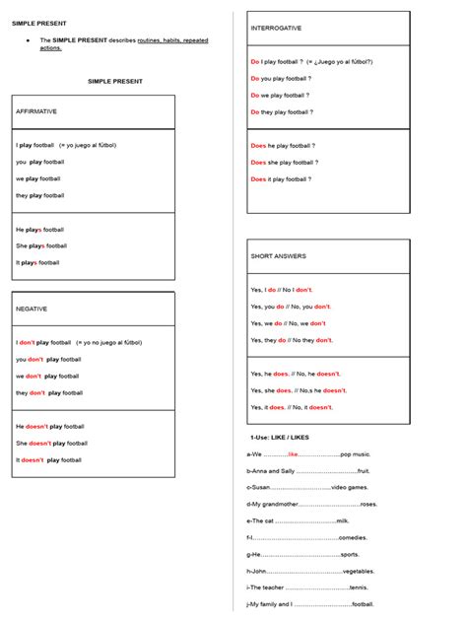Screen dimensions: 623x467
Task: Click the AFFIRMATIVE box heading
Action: [x=36, y=111]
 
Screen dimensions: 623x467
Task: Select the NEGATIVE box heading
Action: [x=32, y=309]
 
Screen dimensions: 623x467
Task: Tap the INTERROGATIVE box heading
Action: [x=276, y=29]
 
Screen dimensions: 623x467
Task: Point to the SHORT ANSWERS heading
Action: [x=278, y=256]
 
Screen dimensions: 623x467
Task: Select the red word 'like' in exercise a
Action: [x=293, y=454]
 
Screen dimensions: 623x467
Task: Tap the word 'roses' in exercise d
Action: [x=368, y=504]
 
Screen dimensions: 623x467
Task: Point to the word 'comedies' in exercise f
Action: [x=353, y=537]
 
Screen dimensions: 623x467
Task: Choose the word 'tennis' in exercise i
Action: [x=359, y=588]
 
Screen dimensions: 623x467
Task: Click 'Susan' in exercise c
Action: [x=261, y=487]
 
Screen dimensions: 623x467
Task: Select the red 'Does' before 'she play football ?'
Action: [x=259, y=163]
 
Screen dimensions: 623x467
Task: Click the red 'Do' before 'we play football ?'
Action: [x=254, y=96]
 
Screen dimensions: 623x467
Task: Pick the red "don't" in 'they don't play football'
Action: [x=37, y=392]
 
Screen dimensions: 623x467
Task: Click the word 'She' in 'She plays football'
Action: [x=22, y=245]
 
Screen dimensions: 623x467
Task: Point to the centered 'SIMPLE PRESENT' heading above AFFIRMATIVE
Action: [x=115, y=82]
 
